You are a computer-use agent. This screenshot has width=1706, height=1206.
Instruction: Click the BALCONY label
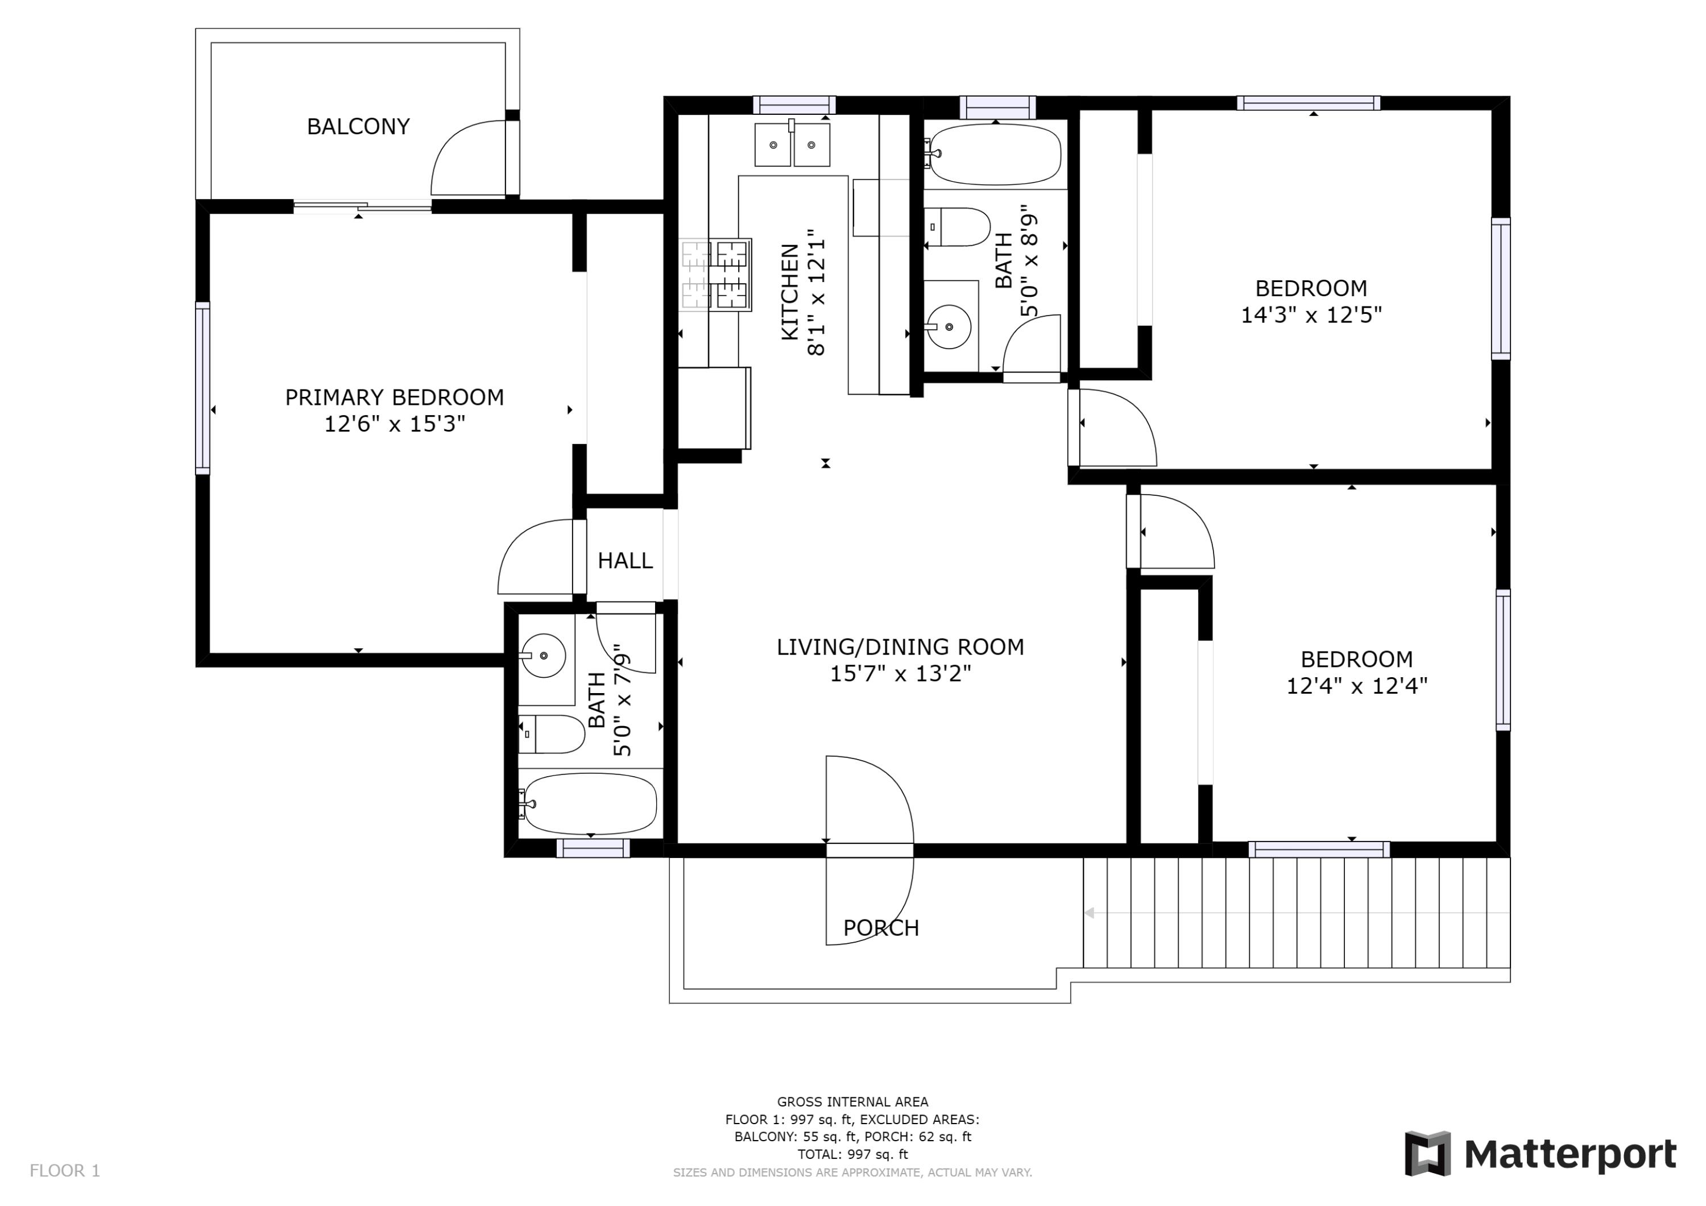(x=358, y=127)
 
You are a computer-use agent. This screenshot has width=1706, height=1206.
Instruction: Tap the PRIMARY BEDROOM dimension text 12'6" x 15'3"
(x=395, y=424)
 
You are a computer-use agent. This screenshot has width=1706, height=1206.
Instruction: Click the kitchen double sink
(x=792, y=145)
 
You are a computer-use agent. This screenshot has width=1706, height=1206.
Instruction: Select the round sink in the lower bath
(x=543, y=656)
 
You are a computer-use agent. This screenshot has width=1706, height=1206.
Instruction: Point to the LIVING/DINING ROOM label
(x=900, y=647)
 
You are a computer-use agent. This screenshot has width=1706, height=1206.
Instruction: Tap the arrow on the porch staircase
(x=1090, y=913)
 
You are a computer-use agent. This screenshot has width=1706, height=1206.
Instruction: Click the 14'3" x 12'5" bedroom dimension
(x=1311, y=315)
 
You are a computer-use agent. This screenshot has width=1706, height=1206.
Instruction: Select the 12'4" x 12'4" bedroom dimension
(x=1357, y=686)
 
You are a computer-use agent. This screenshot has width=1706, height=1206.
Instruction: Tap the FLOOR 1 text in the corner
(x=65, y=1171)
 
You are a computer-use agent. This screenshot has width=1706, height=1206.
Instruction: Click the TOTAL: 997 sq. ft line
(x=852, y=1154)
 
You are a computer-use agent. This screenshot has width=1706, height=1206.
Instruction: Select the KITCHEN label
(x=790, y=292)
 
